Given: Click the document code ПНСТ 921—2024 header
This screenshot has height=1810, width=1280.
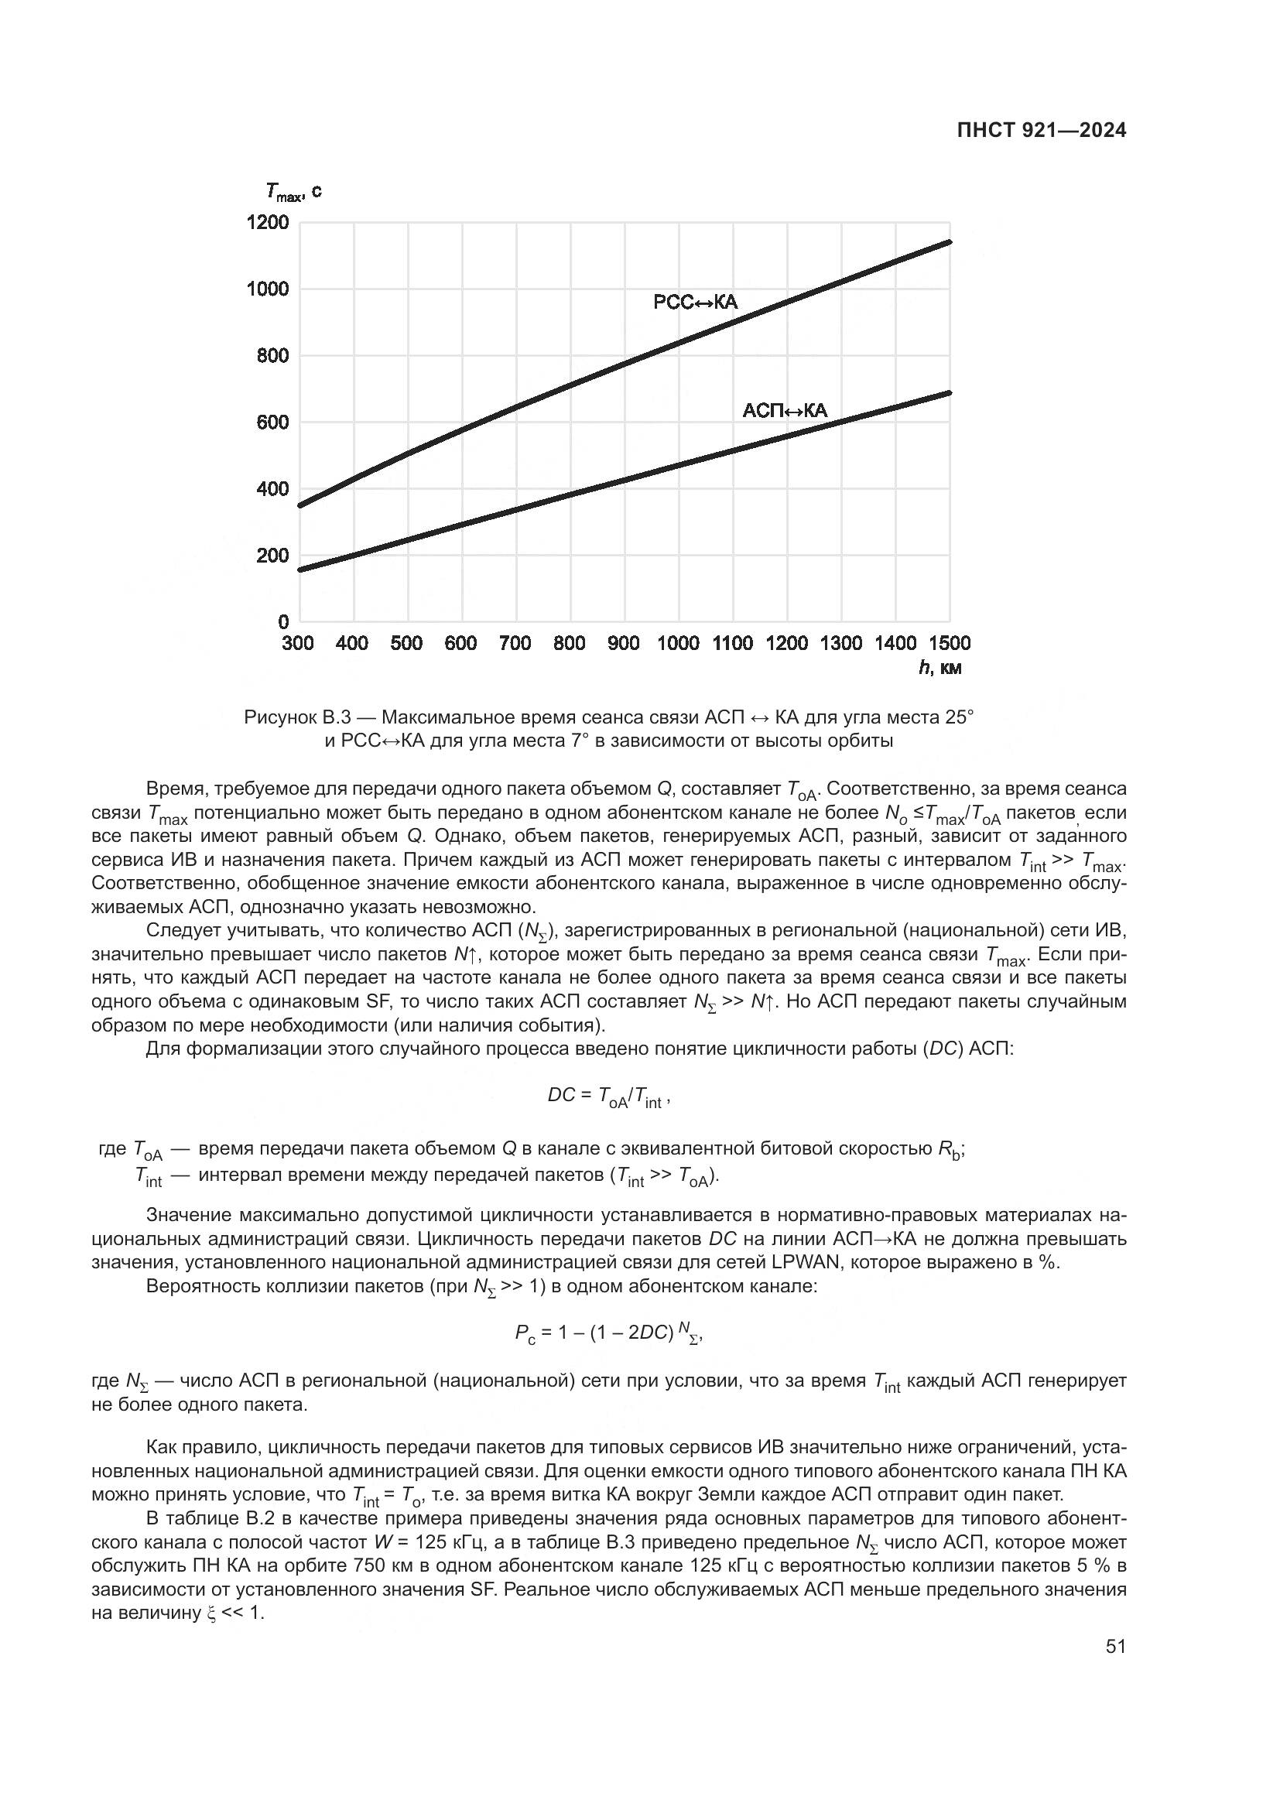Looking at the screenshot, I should point(1040,131).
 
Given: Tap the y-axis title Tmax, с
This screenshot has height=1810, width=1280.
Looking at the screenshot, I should point(293,191).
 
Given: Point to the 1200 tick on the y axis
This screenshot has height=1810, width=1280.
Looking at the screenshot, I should point(268,222).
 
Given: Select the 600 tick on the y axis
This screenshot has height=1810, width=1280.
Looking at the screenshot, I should point(272,423).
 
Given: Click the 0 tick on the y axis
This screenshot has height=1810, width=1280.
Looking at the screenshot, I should point(284,622).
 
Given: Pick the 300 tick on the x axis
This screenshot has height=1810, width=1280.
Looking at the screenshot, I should point(298,643).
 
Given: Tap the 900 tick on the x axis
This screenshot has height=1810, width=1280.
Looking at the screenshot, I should point(624,643).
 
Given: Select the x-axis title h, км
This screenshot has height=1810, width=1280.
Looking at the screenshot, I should point(939,669).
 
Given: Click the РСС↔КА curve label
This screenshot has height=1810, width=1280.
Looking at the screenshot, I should point(695,302).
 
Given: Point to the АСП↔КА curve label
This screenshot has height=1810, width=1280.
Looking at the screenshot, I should point(784,410).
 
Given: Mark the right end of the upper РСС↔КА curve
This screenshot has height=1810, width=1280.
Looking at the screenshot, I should point(949,242).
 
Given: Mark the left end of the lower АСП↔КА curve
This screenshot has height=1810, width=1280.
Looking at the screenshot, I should point(300,570).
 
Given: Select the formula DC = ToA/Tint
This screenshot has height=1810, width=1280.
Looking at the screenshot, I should point(607,1097).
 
